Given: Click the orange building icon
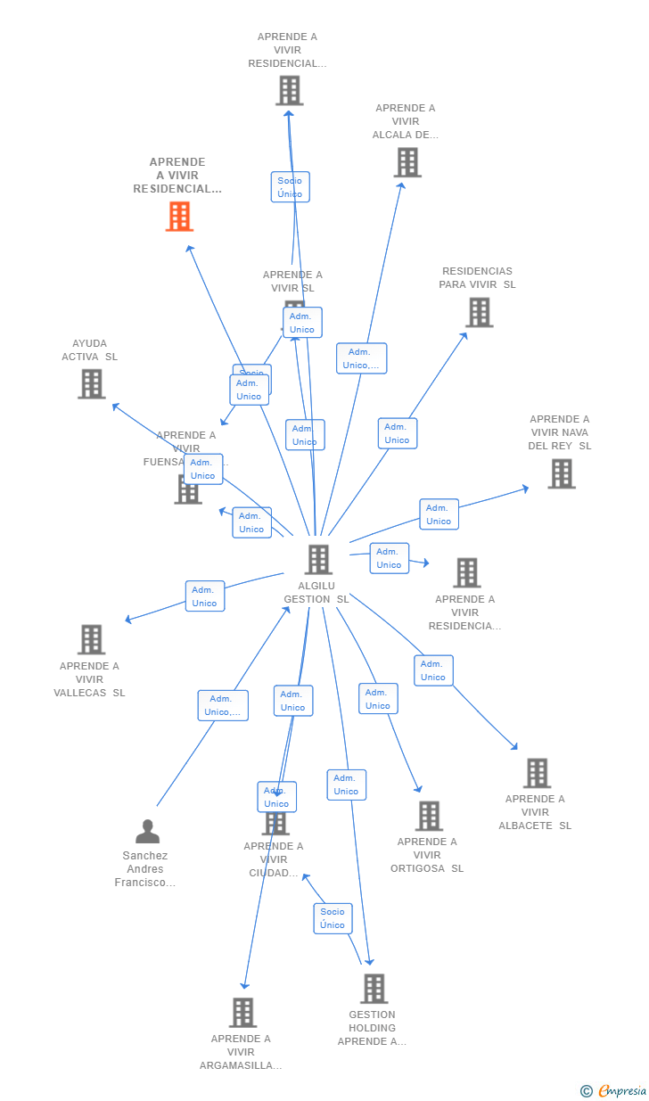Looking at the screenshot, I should (x=179, y=217).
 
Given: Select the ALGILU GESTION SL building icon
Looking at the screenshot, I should (x=318, y=560).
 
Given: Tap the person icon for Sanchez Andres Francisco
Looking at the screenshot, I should (x=147, y=831).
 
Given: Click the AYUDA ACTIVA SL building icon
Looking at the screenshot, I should (x=91, y=383).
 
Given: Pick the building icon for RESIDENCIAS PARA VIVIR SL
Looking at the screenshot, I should (x=479, y=312).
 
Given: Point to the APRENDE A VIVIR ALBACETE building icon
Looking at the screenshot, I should (x=537, y=773).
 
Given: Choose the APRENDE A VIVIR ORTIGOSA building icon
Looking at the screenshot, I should (x=429, y=816).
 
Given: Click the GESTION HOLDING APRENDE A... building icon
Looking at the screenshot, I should (x=374, y=989).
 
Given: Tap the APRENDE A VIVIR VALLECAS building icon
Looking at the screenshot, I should (x=91, y=639).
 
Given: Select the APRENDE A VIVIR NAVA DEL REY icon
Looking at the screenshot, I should (x=561, y=473).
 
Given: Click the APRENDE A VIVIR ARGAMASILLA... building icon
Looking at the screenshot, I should (x=242, y=1013).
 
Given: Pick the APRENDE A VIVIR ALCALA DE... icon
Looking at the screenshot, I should (x=407, y=162).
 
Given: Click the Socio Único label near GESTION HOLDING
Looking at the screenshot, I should (x=333, y=918).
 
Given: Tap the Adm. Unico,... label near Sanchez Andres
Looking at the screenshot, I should (x=223, y=705).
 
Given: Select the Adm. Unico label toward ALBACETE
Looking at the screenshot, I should (x=433, y=670).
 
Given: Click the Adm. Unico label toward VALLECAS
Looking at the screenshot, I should (x=205, y=596).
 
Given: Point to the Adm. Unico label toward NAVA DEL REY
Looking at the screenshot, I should (x=439, y=514).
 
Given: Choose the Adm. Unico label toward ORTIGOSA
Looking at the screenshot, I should (x=378, y=699).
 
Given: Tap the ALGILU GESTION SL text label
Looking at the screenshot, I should (x=316, y=593).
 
